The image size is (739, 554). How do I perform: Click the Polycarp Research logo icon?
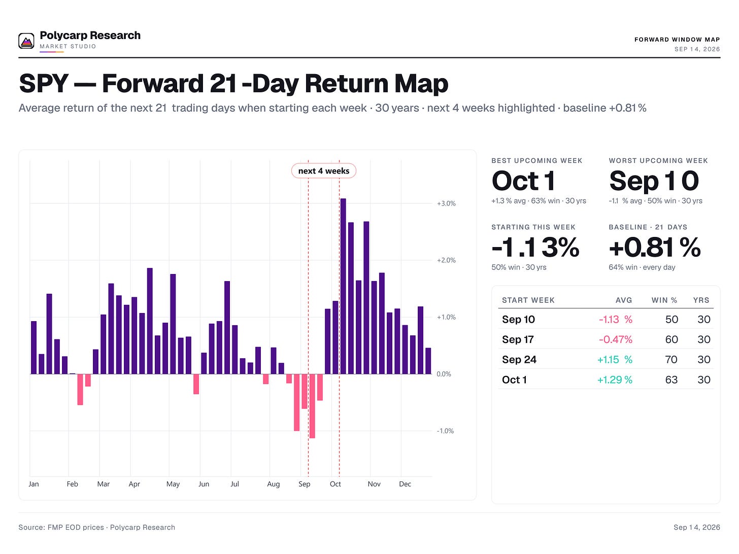pyautogui.click(x=26, y=41)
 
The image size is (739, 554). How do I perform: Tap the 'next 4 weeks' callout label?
pyautogui.click(x=323, y=171)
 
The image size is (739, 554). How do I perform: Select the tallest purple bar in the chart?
pyautogui.click(x=343, y=286)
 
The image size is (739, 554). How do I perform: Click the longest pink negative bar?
pyautogui.click(x=312, y=406)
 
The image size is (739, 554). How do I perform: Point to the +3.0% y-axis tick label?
pyautogui.click(x=446, y=203)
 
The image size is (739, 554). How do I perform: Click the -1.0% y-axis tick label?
pyautogui.click(x=445, y=431)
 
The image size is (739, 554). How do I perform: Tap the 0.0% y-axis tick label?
pyautogui.click(x=444, y=374)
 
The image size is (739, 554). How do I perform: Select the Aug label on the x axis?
pyautogui.click(x=274, y=484)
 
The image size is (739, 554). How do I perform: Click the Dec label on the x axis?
pyautogui.click(x=405, y=484)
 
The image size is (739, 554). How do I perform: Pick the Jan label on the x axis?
pyautogui.click(x=33, y=484)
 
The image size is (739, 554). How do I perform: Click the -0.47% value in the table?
pyautogui.click(x=616, y=339)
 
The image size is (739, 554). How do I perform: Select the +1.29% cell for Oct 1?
pyautogui.click(x=615, y=380)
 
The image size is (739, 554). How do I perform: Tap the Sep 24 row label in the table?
pyautogui.click(x=519, y=360)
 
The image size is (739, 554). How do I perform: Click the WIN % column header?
pyautogui.click(x=664, y=300)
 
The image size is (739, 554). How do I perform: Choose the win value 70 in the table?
pyautogui.click(x=671, y=360)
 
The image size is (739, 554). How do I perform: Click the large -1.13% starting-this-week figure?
pyautogui.click(x=535, y=248)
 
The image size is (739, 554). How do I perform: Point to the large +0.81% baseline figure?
pyautogui.click(x=655, y=248)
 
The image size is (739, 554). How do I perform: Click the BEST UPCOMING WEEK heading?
pyautogui.click(x=536, y=161)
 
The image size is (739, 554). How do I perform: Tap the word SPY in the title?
pyautogui.click(x=44, y=83)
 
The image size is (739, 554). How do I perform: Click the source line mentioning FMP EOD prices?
pyautogui.click(x=96, y=528)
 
